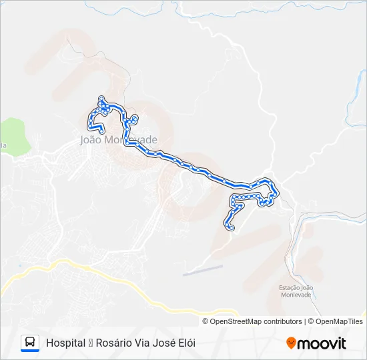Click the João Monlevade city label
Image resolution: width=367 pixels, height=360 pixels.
pos(118,140)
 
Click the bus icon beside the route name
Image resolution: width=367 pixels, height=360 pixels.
pos(30,343)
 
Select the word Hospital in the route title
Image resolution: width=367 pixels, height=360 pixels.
pos(65,343)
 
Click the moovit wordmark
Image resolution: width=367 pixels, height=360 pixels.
pos(322,343)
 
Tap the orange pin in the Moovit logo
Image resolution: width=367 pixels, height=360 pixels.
pos(291,343)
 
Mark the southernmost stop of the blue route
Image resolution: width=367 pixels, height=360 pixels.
pos(232,229)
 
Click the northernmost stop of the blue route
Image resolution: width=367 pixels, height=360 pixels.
pos(101,98)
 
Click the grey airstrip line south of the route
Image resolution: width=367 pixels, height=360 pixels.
pos(203,270)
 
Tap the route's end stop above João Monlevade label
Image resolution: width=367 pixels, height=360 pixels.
pos(101,131)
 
